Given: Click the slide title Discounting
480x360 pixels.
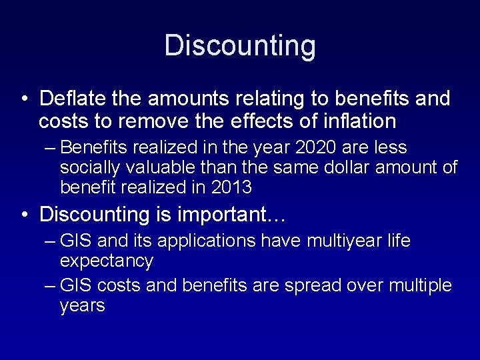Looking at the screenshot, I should (x=240, y=45).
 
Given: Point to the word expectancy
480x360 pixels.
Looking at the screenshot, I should (x=107, y=260).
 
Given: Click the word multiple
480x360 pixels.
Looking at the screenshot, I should (x=415, y=285).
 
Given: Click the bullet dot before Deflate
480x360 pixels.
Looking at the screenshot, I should (x=24, y=99).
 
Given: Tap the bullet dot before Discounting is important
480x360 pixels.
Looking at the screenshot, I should (x=24, y=215).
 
